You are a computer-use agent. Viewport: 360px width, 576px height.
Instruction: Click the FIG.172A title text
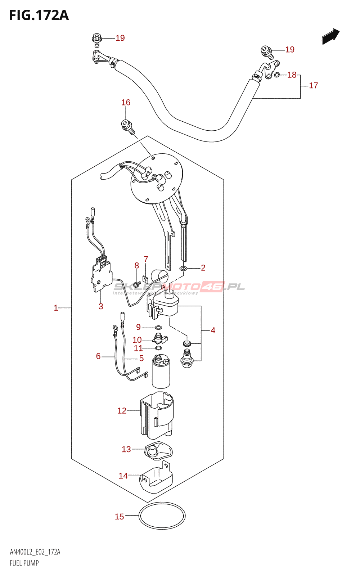[x=39, y=15]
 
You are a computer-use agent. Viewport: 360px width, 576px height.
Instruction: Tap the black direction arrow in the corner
[x=330, y=36]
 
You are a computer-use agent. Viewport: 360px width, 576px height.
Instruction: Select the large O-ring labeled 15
[x=162, y=516]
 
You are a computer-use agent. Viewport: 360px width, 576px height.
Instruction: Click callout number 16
[x=126, y=103]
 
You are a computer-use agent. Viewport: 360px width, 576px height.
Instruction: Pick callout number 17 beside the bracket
[x=313, y=85]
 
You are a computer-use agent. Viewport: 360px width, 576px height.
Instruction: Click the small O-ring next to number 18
[x=277, y=75]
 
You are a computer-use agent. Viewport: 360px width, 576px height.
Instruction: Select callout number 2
[x=203, y=267]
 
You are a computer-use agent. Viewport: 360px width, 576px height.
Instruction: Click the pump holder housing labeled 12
[x=157, y=416]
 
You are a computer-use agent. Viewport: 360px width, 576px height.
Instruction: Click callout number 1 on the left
[x=56, y=308]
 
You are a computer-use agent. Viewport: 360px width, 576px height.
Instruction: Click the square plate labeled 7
[x=145, y=278]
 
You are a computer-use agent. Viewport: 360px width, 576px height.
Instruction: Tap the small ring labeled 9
[x=158, y=328]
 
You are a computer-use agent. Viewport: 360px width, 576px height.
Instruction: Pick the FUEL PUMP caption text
[x=24, y=563]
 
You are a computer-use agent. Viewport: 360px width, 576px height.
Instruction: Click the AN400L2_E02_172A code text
[x=35, y=552]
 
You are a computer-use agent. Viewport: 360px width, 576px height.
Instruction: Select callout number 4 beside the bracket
[x=213, y=330]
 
